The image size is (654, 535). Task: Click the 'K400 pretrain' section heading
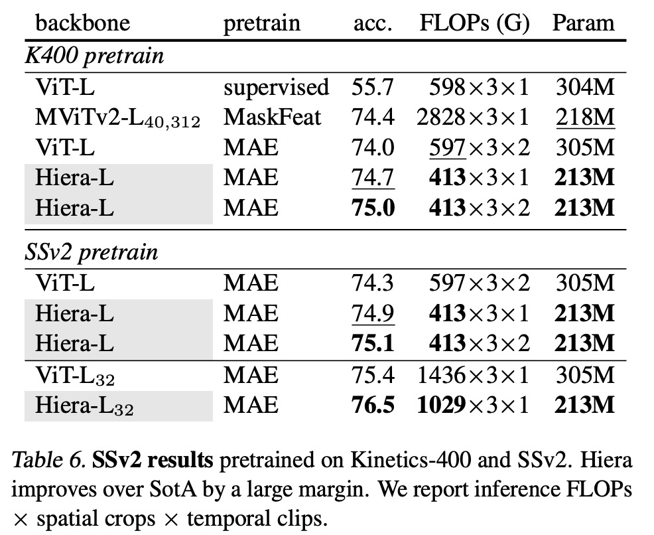[94, 54]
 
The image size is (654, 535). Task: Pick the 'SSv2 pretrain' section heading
[92, 252]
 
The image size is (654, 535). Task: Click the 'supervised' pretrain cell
[276, 87]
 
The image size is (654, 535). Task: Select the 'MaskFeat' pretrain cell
[272, 117]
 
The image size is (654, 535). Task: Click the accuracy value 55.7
[373, 87]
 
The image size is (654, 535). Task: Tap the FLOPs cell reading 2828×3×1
[473, 117]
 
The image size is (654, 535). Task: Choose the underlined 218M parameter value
[583, 117]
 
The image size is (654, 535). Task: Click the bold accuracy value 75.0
[373, 208]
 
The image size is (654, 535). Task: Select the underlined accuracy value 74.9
[373, 313]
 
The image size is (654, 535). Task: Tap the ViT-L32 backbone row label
[75, 375]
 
